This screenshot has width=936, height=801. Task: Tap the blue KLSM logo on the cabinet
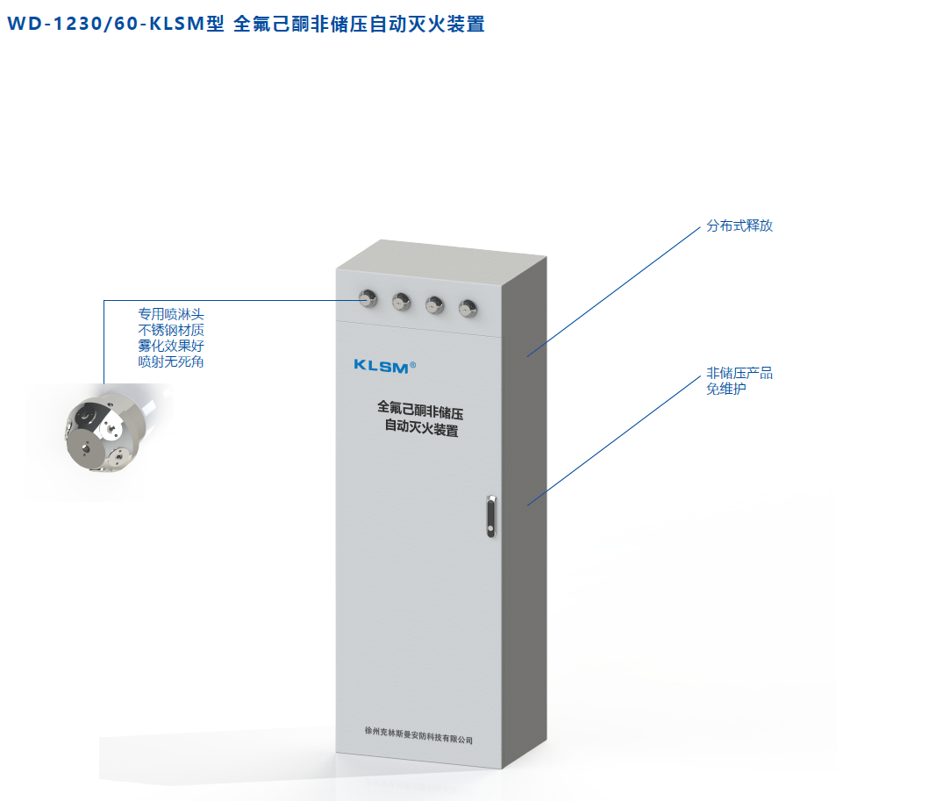[x=381, y=366]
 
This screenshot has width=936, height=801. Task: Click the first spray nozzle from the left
[x=368, y=298]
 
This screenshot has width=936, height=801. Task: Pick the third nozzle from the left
[x=434, y=304]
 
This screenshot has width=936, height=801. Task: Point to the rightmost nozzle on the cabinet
[x=468, y=306]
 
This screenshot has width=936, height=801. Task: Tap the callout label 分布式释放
[x=740, y=225]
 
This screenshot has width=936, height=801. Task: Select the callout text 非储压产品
[x=740, y=373]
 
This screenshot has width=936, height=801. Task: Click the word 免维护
[x=726, y=389]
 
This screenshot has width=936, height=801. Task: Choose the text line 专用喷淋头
[x=171, y=314]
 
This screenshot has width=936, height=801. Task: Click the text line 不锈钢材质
[x=171, y=330]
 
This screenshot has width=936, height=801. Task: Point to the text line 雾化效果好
[x=171, y=346]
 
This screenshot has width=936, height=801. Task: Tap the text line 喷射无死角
[x=171, y=361]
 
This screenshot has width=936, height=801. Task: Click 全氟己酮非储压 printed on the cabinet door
[x=420, y=409]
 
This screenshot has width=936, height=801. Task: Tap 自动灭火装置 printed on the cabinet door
[x=421, y=430]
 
